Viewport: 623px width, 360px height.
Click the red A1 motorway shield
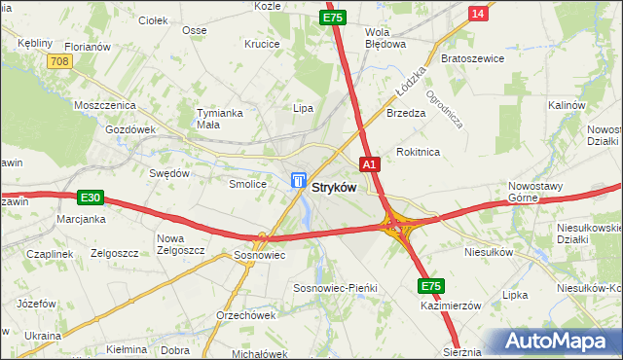coord(369,165)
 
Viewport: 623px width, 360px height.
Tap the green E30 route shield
coord(91,198)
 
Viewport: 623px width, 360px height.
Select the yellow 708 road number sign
coord(59,61)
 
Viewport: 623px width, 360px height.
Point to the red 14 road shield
coord(477,13)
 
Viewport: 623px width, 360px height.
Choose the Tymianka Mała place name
coord(218,118)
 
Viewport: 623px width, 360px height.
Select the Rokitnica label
coord(419,152)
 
